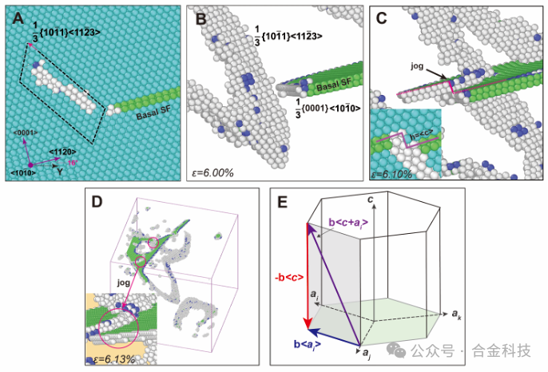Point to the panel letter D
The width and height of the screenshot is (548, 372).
pyautogui.click(x=97, y=199)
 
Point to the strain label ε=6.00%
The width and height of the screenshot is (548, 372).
pyautogui.click(x=212, y=172)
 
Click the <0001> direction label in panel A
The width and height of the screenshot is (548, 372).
pyautogui.click(x=23, y=132)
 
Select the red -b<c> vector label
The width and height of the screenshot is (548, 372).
pyautogui.click(x=291, y=276)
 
